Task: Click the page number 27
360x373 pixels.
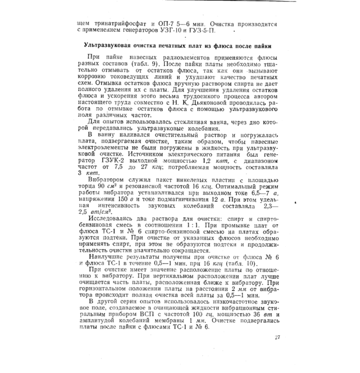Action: point(277,338)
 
